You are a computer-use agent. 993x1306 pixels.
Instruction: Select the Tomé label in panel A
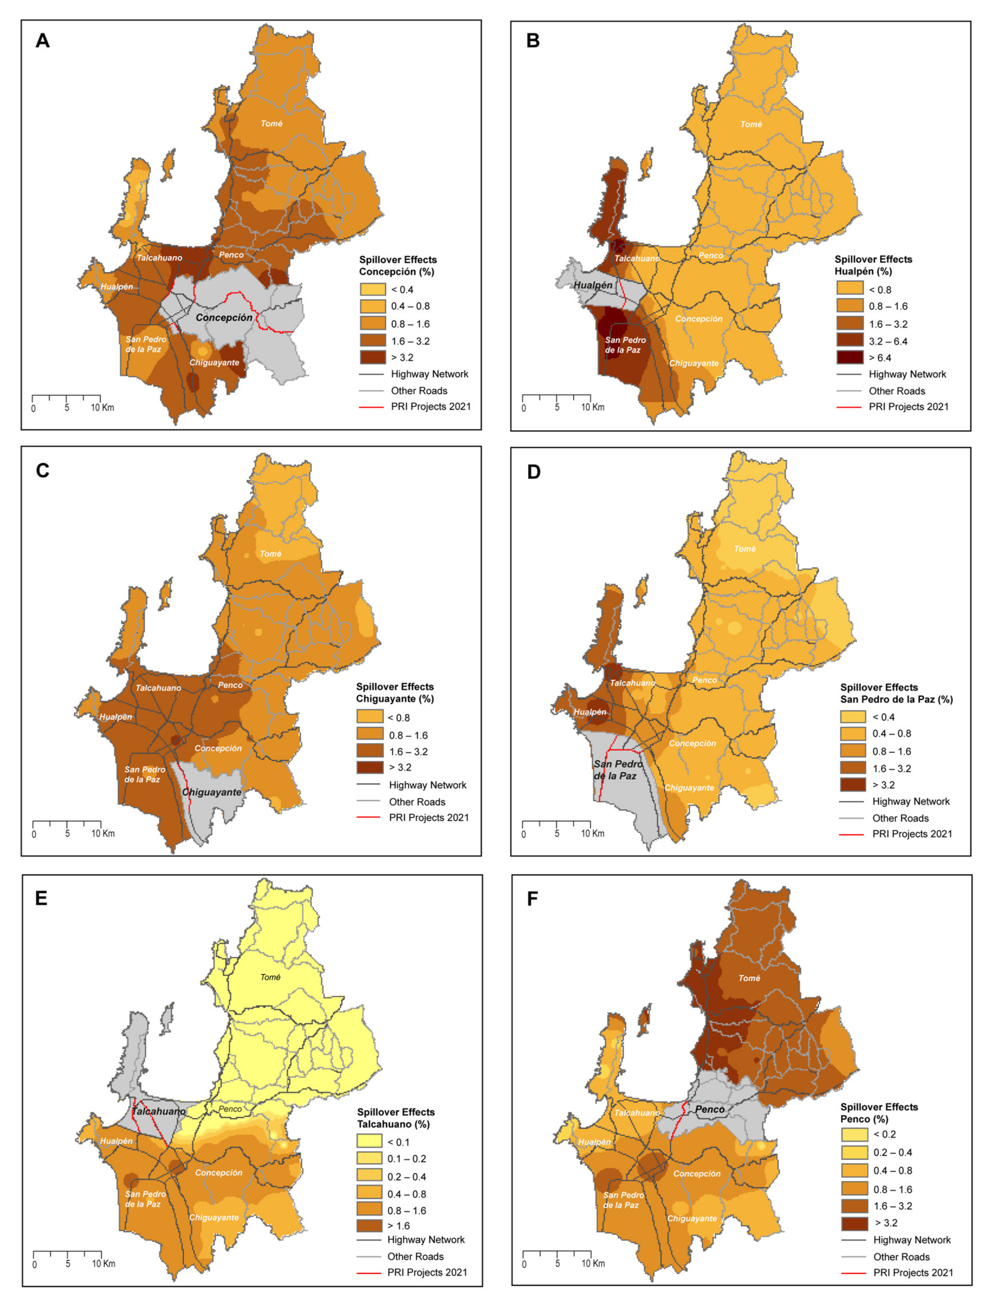pos(271,124)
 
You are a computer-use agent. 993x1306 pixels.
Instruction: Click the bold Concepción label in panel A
pos(224,317)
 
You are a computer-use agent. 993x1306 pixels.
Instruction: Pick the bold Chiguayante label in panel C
pos(212,792)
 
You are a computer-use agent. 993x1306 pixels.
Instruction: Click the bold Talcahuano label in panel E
pos(158,1112)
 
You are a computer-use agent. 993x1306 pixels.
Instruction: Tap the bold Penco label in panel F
pos(710,1110)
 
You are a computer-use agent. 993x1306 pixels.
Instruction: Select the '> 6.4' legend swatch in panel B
pos(849,358)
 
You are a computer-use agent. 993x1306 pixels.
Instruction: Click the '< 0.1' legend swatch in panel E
pos(370,1142)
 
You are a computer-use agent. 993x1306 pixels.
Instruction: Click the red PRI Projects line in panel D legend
pos(852,834)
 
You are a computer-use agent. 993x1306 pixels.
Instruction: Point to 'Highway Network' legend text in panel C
pos(427,785)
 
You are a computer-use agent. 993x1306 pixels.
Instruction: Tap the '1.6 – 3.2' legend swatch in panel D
pos(853,769)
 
